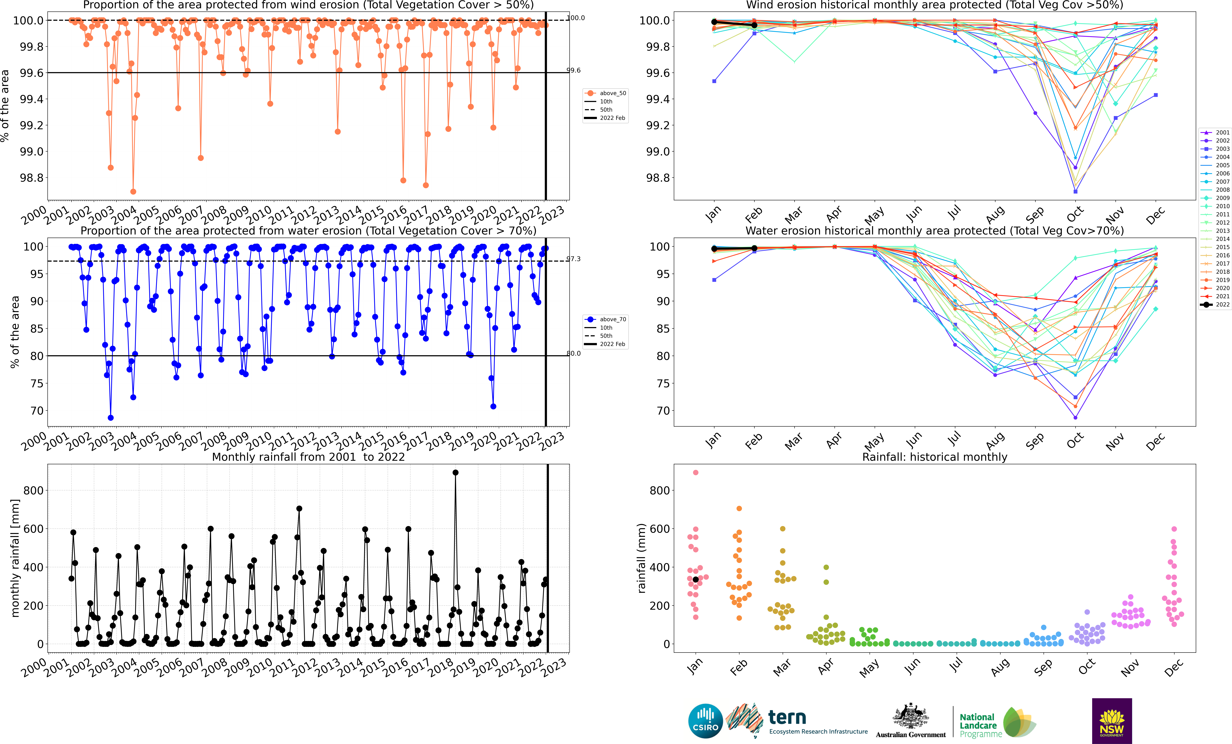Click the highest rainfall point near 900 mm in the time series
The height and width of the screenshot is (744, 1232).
tap(455, 472)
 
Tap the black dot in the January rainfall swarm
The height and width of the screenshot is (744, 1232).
tap(695, 579)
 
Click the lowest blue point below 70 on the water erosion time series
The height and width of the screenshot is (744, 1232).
tap(111, 418)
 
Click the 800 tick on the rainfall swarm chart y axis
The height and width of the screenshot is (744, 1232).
tap(659, 490)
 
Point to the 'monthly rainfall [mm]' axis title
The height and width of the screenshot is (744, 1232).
tap(15, 558)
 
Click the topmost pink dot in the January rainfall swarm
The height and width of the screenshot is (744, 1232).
tap(695, 472)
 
